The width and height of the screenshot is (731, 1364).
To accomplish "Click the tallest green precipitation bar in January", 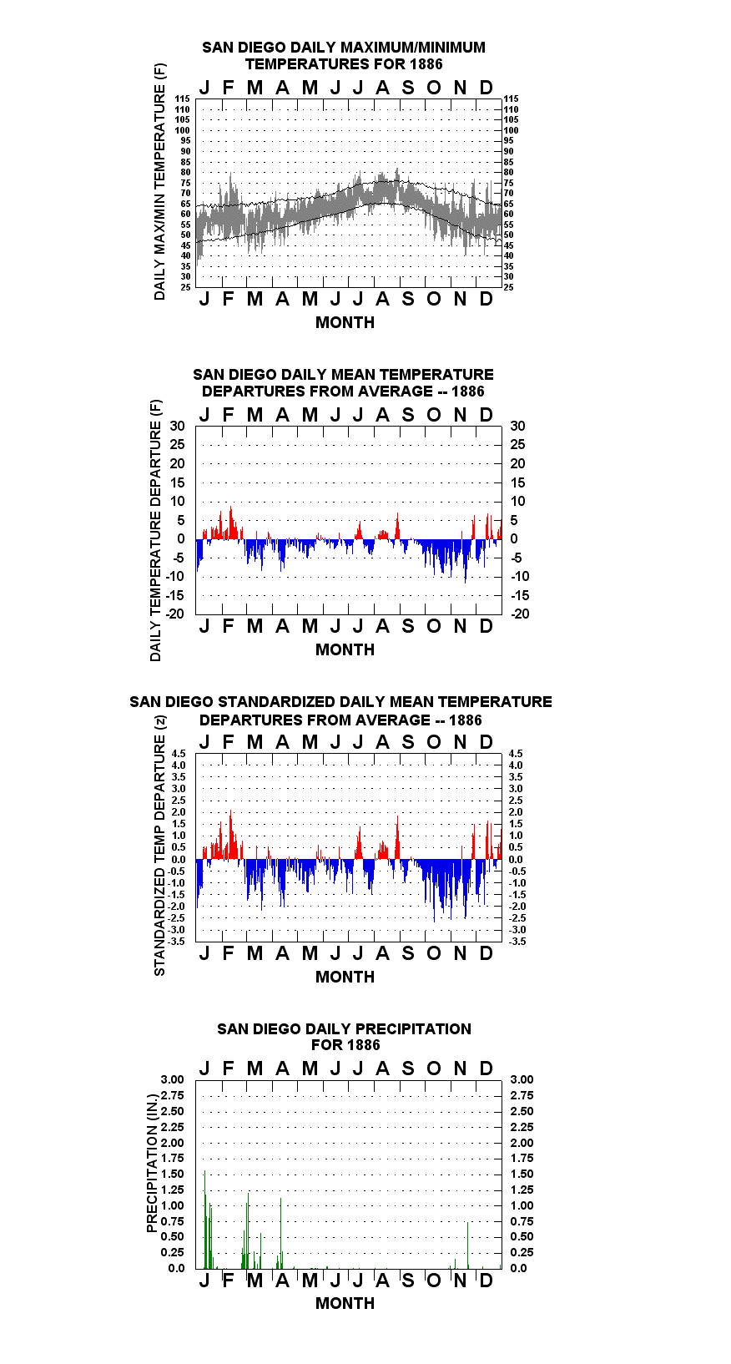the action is click(204, 1219).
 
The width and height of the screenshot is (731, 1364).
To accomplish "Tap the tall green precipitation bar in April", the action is click(280, 1233).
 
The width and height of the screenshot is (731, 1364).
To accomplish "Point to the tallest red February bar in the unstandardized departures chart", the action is click(230, 523).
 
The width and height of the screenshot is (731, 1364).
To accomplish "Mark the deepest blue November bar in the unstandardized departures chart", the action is click(466, 561).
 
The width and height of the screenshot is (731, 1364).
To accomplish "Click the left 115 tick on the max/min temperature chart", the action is click(183, 99).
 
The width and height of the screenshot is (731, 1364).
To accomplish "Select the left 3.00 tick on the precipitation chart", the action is click(172, 1079).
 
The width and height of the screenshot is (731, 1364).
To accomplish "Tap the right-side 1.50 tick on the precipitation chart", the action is click(522, 1174).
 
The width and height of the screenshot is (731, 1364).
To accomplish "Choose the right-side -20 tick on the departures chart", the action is click(521, 614).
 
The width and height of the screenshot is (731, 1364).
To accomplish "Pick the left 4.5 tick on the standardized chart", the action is click(179, 754).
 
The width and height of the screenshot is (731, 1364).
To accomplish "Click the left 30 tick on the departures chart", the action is click(177, 427).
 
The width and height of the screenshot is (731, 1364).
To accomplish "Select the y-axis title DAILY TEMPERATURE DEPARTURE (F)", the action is click(156, 530).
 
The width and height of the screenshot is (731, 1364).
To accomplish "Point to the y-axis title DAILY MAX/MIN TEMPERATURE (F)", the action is click(159, 181).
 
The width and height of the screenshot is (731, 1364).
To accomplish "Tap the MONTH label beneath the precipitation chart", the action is click(345, 1303).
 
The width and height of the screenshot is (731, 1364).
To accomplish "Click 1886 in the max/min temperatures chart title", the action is click(426, 64).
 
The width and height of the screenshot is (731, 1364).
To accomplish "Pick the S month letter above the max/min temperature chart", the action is click(408, 88).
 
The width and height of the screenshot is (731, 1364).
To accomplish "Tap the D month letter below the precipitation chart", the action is click(486, 1281).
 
